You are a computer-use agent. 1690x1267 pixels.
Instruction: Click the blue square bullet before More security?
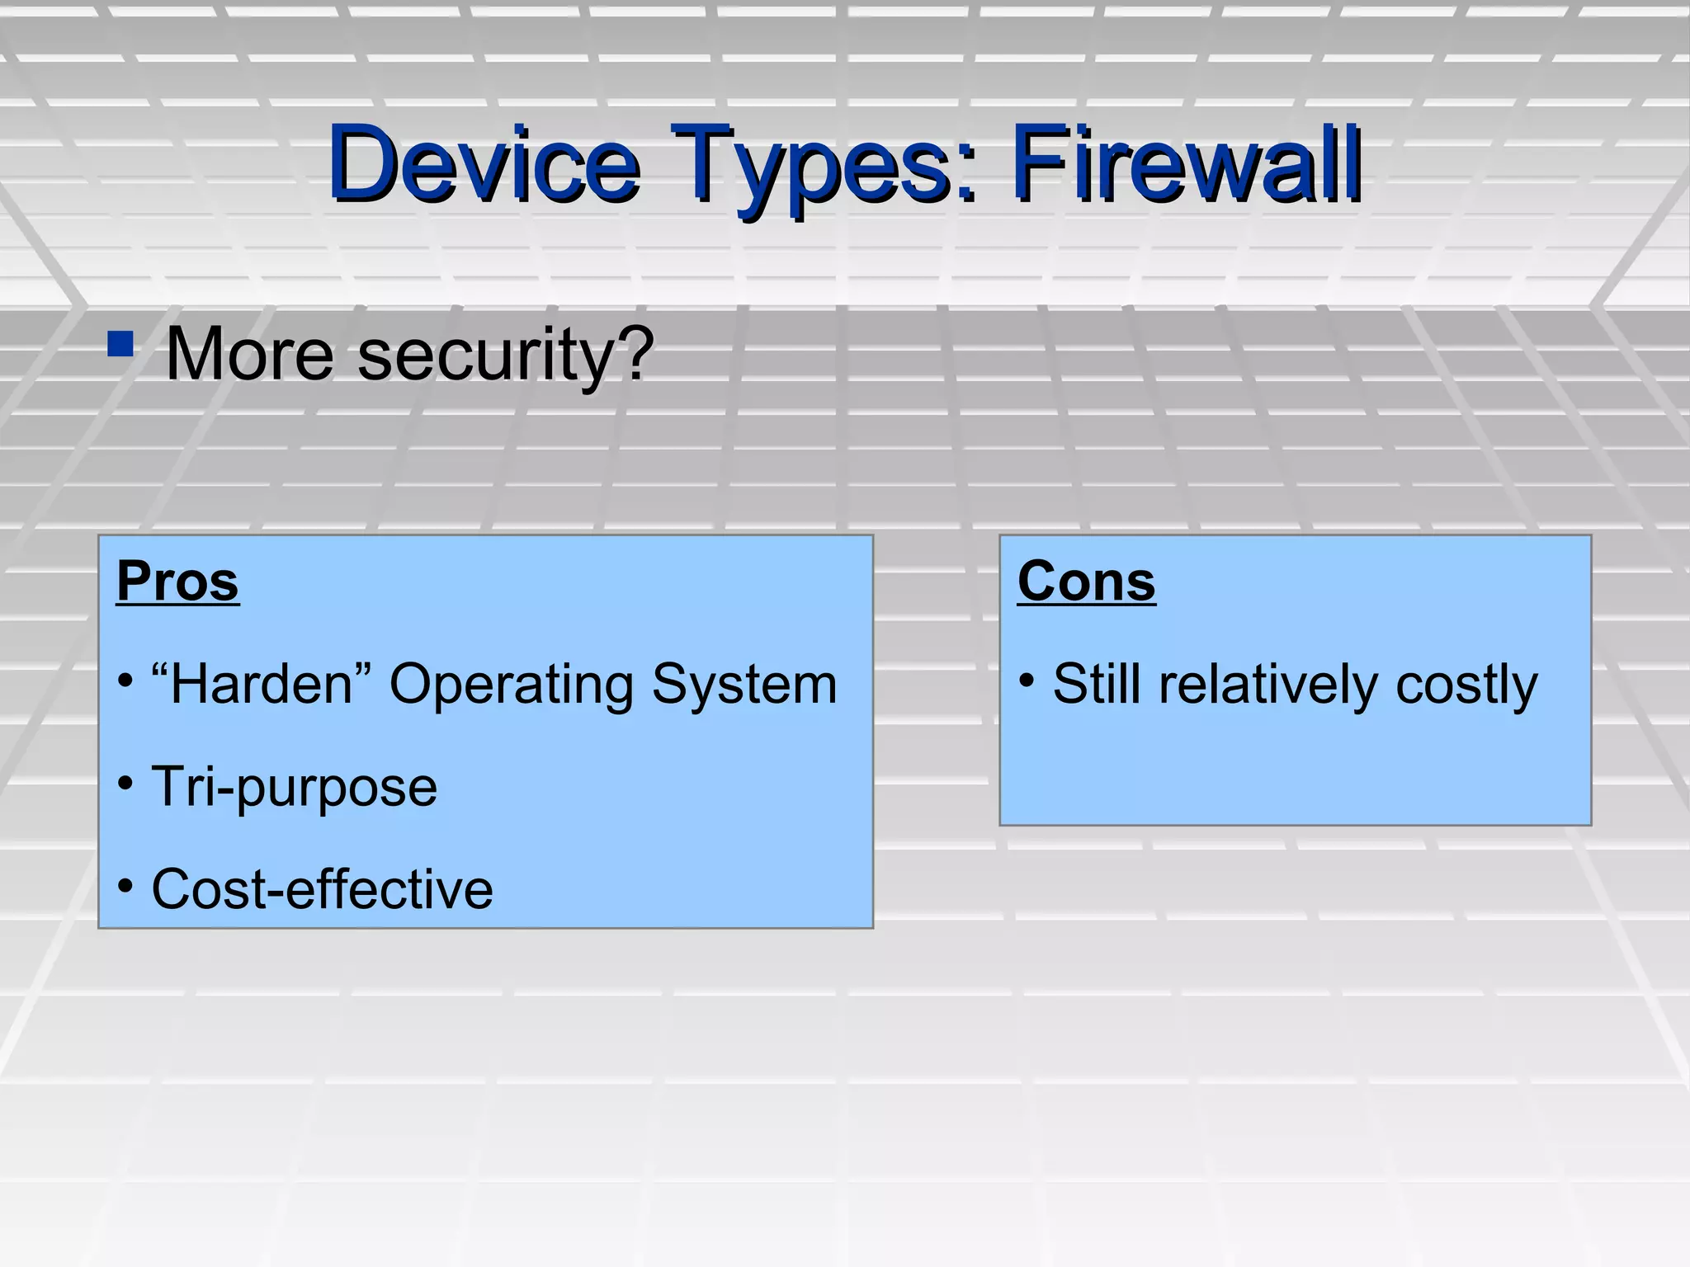pos(120,344)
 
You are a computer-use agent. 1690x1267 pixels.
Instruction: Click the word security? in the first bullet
pos(505,356)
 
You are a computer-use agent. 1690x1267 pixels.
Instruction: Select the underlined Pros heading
pos(177,582)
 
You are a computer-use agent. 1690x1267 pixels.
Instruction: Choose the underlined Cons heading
pos(1086,582)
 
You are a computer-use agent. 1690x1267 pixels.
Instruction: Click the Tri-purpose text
pos(294,788)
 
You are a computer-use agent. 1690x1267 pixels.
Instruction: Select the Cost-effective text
pos(322,889)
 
